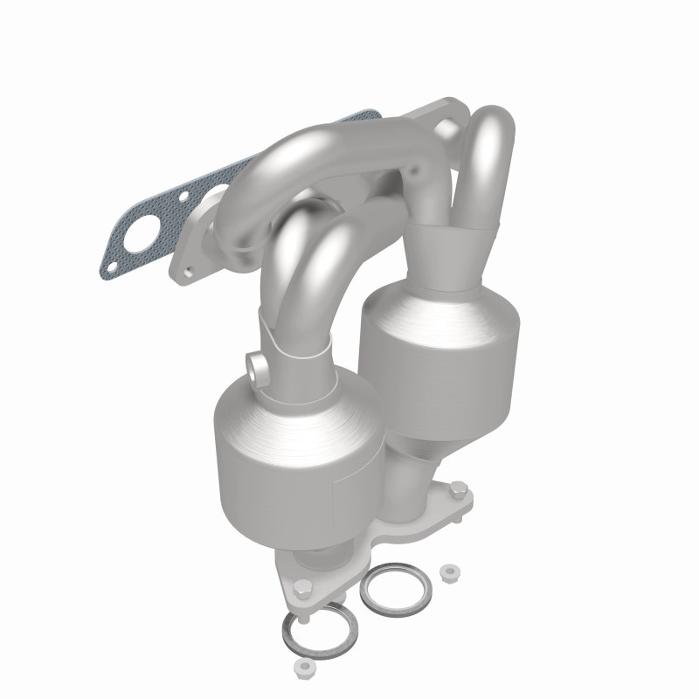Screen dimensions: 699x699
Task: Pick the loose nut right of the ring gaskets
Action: coord(450,573)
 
